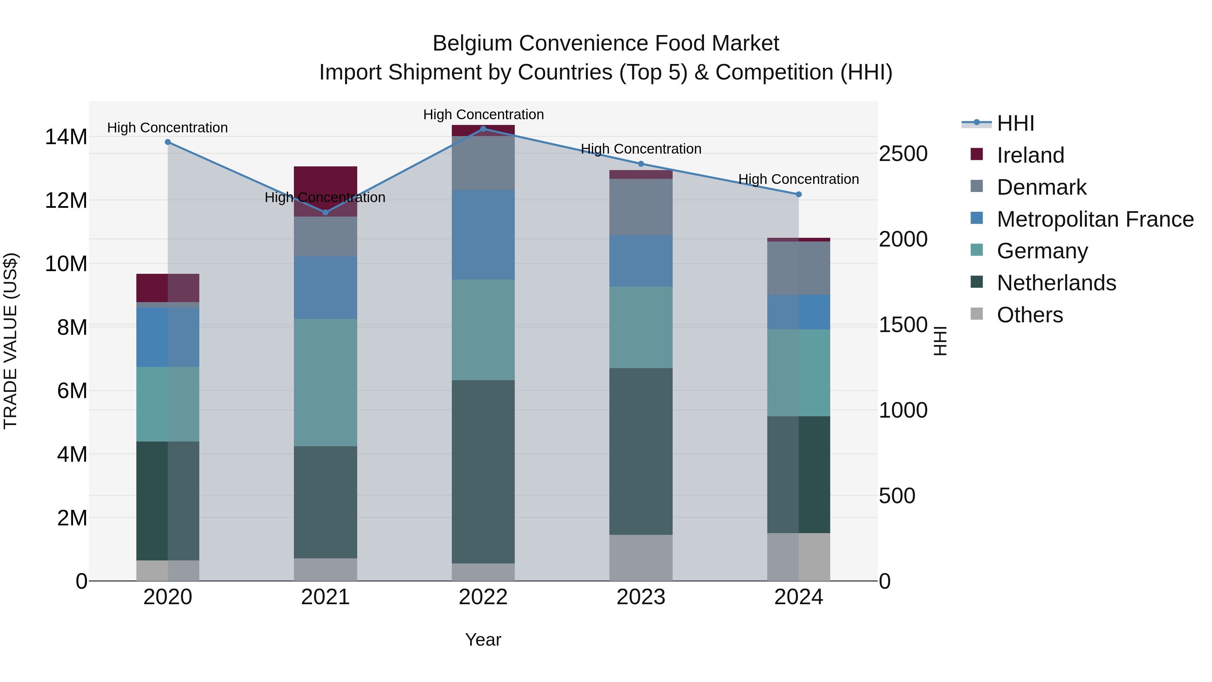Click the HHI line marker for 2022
[483, 129]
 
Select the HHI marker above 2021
[326, 212]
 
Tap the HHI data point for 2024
[799, 194]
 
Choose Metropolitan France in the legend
[1095, 219]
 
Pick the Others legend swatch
[977, 314]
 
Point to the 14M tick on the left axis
[66, 137]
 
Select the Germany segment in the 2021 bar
[326, 382]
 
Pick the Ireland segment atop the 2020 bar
[168, 288]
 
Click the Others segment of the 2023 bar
[641, 557]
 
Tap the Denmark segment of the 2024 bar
[799, 268]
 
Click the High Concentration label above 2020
[168, 128]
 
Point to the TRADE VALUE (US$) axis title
[10, 341]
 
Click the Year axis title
[483, 640]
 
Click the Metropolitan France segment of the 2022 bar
[483, 235]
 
